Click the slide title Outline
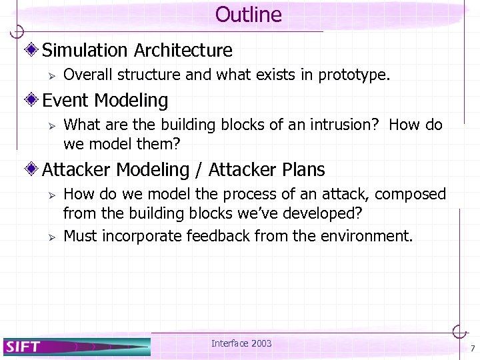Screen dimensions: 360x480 point(249,15)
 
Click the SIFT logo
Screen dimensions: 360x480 point(23,346)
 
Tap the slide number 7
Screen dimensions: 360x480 point(472,349)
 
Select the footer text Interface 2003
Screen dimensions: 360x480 point(241,343)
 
